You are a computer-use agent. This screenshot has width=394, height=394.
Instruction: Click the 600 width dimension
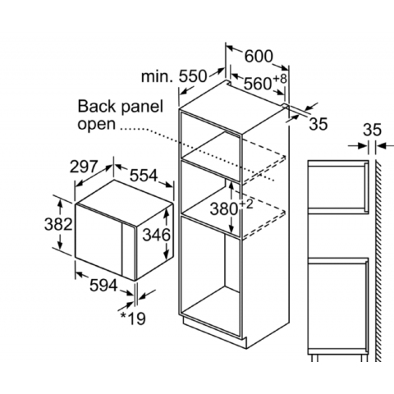(259, 57)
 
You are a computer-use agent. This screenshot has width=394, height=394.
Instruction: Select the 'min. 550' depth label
(174, 76)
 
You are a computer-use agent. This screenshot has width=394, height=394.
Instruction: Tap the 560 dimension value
(258, 84)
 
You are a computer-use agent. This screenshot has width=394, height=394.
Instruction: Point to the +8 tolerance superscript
(280, 79)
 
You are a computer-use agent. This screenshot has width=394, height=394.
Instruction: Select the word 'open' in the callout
(97, 125)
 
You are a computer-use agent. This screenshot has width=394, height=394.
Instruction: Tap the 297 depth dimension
(84, 167)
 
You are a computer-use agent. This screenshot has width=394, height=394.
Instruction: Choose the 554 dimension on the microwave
(144, 176)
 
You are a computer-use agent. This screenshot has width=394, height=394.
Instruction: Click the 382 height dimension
(58, 224)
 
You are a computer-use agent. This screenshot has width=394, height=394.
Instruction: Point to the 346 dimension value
(157, 235)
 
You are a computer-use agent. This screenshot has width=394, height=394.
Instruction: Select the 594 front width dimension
(103, 286)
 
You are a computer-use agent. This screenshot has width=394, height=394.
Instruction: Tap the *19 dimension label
(133, 318)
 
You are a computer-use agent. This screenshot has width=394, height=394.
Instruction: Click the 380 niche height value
(223, 209)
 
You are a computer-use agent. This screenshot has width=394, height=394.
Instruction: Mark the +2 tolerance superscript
(246, 204)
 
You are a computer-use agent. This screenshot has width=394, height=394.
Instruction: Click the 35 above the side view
(372, 130)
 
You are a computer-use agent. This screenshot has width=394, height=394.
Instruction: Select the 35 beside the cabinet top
(318, 124)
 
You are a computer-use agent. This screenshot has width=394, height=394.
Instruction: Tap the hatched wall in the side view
(378, 261)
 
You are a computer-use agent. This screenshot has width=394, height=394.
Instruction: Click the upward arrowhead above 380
(231, 186)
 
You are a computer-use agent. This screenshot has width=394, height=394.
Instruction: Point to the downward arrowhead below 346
(166, 255)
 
